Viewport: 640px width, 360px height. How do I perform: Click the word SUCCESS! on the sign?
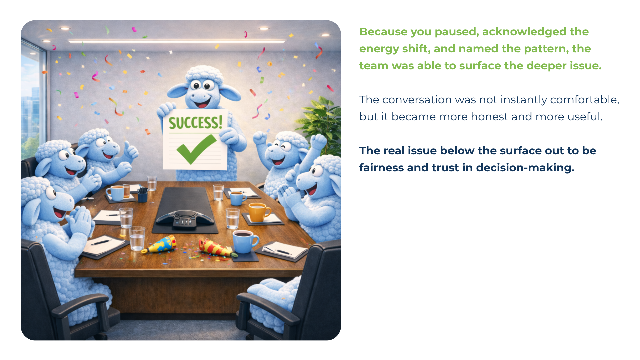196,122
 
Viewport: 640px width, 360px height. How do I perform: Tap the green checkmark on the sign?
196,149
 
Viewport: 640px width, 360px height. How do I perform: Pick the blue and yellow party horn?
159,245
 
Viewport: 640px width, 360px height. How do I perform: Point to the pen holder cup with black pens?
142,195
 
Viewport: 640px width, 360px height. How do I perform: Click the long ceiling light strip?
177,41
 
